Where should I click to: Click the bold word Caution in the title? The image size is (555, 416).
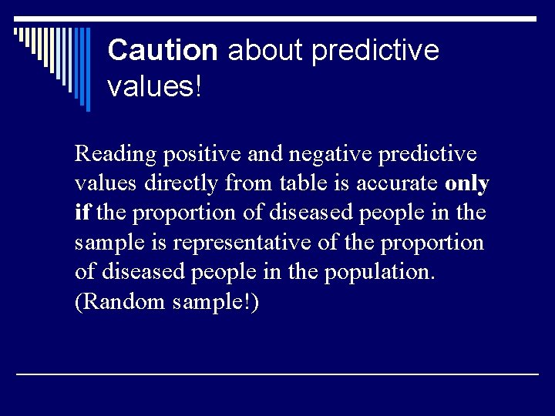click(163, 51)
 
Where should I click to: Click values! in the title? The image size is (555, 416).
click(154, 86)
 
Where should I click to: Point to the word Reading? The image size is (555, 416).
click(115, 155)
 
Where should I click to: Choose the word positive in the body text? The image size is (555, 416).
click(202, 155)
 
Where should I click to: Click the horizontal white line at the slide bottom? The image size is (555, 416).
click(277, 374)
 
